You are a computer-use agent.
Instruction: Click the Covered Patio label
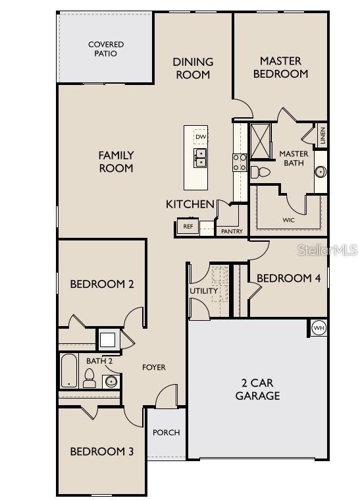[x=106, y=49]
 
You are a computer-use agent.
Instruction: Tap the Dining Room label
[x=193, y=68]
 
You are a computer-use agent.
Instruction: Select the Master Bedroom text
[x=280, y=67]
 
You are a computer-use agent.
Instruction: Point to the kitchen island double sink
[x=200, y=157]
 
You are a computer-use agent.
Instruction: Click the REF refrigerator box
[x=188, y=227]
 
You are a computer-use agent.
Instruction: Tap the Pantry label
[x=232, y=231]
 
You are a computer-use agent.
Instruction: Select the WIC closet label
[x=288, y=220]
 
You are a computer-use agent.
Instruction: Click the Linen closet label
[x=322, y=136]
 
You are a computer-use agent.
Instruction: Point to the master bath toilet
[x=260, y=173]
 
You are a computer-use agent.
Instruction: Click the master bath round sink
[x=321, y=172]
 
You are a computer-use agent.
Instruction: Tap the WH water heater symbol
[x=319, y=327]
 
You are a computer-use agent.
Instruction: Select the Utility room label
[x=203, y=291]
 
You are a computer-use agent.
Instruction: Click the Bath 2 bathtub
[x=68, y=372]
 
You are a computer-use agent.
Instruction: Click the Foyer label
[x=154, y=367]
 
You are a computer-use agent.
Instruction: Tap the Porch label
[x=166, y=433]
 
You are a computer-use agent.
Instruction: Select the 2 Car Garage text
[x=257, y=389]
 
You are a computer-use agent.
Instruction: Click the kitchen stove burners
[x=240, y=162]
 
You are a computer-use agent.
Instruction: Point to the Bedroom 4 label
[x=288, y=279]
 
